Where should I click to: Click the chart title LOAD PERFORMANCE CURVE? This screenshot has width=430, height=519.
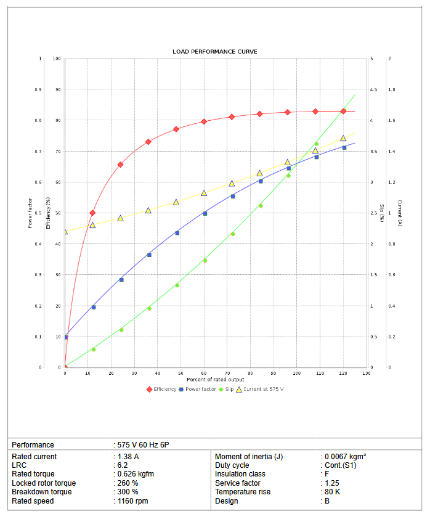point(215,51)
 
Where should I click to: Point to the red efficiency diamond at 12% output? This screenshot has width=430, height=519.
point(92,213)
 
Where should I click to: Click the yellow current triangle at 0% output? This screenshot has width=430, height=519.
point(65,231)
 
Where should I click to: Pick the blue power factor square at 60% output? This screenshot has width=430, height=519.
point(205,213)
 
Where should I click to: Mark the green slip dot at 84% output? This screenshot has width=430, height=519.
point(261,205)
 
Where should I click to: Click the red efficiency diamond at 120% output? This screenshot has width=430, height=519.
point(343,111)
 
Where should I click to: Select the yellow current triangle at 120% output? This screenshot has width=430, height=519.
point(343,138)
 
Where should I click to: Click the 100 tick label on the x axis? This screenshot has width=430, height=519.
point(296,373)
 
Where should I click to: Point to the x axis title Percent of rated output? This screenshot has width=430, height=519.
point(216,379)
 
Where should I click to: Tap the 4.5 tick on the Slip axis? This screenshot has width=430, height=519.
point(373,90)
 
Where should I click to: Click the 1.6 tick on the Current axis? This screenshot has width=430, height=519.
point(392,121)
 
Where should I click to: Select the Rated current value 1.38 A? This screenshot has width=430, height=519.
point(128,457)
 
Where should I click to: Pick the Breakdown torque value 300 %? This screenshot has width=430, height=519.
point(128,492)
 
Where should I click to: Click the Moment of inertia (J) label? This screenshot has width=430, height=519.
point(249,457)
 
